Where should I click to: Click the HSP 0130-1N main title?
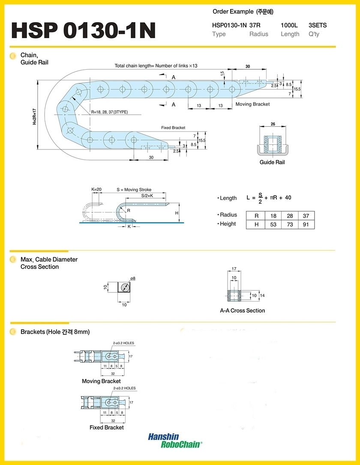coord(84,30)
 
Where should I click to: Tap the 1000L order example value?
coord(289,25)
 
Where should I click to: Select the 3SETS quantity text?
coord(318,25)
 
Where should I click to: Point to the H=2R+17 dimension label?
coord(35,116)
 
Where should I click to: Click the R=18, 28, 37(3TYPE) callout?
coord(110,112)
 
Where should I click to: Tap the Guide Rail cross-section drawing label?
coord(272,162)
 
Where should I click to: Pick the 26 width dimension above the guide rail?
coord(273,124)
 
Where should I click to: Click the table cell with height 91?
coord(306,224)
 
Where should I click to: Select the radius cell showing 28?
coord(290,216)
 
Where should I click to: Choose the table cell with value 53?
coord(273,224)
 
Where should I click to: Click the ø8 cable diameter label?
coord(133,278)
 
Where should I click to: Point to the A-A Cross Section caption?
coord(243,310)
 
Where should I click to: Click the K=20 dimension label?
coord(96,189)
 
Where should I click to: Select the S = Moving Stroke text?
coord(134,190)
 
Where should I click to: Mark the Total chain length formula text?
coord(156,66)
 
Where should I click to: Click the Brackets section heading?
coord(55,332)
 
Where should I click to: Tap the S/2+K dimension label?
coord(147,196)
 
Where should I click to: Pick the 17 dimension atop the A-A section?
coord(234,268)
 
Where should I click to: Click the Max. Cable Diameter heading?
coord(49,259)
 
